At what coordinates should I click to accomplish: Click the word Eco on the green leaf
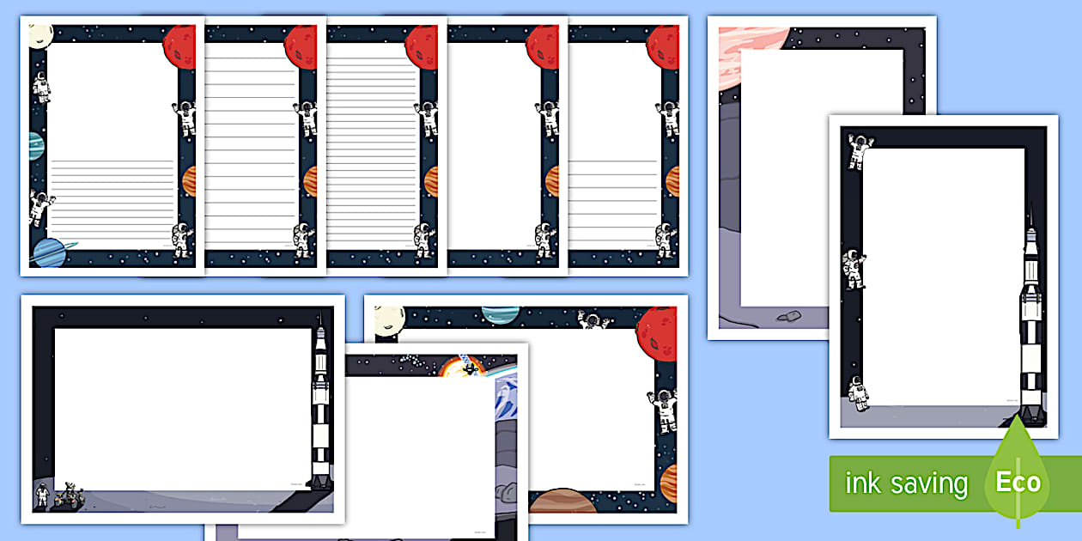pyautogui.click(x=1018, y=482)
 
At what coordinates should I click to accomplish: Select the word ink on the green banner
pyautogui.click(x=862, y=483)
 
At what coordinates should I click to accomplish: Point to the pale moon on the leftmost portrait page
pyautogui.click(x=40, y=36)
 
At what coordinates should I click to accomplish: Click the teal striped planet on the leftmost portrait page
pyautogui.click(x=35, y=146)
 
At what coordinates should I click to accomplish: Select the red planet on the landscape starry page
pyautogui.click(x=656, y=328)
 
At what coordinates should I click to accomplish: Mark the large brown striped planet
pyautogui.click(x=562, y=501)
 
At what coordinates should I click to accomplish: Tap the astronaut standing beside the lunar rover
pyautogui.click(x=43, y=495)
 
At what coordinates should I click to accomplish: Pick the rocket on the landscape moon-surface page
pyautogui.click(x=319, y=404)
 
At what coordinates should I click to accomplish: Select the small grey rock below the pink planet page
pyautogui.click(x=788, y=317)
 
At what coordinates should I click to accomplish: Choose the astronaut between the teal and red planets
pyautogui.click(x=592, y=321)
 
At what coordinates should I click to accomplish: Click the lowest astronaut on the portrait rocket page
pyautogui.click(x=858, y=393)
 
